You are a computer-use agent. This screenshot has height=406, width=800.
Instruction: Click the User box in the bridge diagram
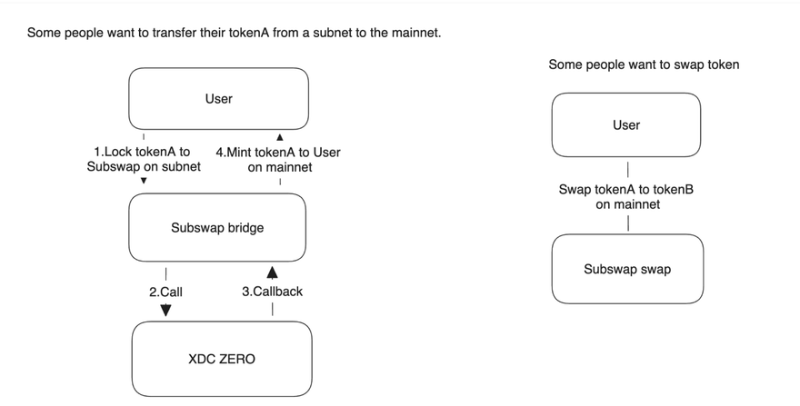[x=218, y=98]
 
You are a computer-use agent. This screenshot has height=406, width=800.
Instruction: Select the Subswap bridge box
[x=217, y=227]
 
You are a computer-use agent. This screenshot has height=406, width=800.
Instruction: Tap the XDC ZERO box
[x=222, y=359]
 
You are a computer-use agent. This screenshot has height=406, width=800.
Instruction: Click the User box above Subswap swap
[x=626, y=125]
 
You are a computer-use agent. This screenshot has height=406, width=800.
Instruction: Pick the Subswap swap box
[x=627, y=269]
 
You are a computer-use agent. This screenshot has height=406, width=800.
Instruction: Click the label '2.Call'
[x=165, y=292]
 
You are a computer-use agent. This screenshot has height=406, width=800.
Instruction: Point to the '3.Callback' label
[x=273, y=292]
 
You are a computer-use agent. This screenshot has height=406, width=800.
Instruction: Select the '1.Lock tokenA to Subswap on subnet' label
[x=144, y=159]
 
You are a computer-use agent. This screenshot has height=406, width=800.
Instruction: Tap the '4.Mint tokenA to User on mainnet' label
[x=278, y=160]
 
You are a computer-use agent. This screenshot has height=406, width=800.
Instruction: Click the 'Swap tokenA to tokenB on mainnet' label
[x=626, y=197]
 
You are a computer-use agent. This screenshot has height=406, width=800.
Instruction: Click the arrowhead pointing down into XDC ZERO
[x=165, y=310]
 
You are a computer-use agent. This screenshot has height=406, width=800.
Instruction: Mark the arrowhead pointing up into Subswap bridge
[x=273, y=272]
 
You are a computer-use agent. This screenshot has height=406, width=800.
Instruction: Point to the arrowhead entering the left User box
[x=280, y=137]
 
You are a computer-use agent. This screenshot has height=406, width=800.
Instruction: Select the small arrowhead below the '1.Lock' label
[x=144, y=181]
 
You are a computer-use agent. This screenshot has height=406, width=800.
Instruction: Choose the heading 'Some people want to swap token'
[x=644, y=64]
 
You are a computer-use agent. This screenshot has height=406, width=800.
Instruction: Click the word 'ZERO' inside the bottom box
[x=238, y=359]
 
